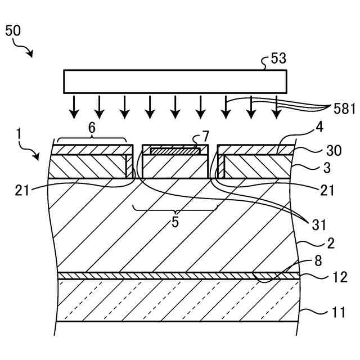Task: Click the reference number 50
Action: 13,30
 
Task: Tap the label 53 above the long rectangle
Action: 278,58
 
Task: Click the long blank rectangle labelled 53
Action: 175,81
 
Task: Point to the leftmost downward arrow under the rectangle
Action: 74,107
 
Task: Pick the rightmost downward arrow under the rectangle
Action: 276,107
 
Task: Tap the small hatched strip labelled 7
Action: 175,151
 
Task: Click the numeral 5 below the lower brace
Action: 175,222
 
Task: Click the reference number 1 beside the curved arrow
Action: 19,134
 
